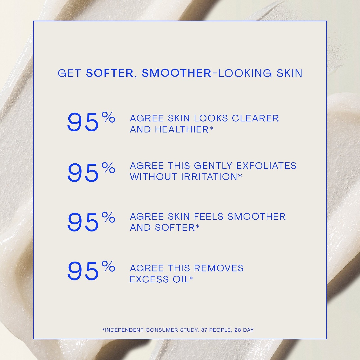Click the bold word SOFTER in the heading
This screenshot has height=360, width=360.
(110, 73)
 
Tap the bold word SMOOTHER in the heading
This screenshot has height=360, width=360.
(177, 73)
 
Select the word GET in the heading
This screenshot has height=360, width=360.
(69, 73)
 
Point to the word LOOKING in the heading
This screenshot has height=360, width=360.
(245, 73)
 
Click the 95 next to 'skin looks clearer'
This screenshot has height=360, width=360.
(83, 123)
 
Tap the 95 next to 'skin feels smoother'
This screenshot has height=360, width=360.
(83, 222)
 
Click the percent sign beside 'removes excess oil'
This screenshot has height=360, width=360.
(108, 266)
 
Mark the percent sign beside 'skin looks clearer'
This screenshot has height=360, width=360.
(108, 117)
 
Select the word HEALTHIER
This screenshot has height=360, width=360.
(182, 129)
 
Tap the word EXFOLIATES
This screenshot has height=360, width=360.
(266, 166)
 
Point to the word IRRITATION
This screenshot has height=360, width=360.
(209, 177)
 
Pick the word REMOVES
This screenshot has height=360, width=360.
(219, 268)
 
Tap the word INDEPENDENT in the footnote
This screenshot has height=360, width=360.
(124, 330)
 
